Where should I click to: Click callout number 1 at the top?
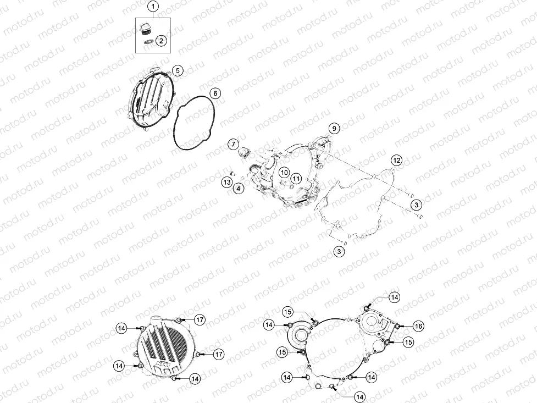point(153,7)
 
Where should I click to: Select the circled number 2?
point(161,41)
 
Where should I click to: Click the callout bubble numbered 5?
point(178,71)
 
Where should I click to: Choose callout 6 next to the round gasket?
point(215,93)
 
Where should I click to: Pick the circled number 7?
point(234,144)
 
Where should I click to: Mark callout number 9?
point(334,129)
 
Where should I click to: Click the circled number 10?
point(284,173)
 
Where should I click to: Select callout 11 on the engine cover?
point(296,178)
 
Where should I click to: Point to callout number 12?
point(397,160)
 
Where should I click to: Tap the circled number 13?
point(226,182)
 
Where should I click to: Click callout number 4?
point(239,188)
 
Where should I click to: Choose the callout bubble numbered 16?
point(418,326)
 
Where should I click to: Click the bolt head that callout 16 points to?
point(397,326)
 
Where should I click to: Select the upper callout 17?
point(200,320)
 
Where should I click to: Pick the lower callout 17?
point(219,354)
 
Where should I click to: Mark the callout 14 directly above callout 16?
point(395,297)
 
